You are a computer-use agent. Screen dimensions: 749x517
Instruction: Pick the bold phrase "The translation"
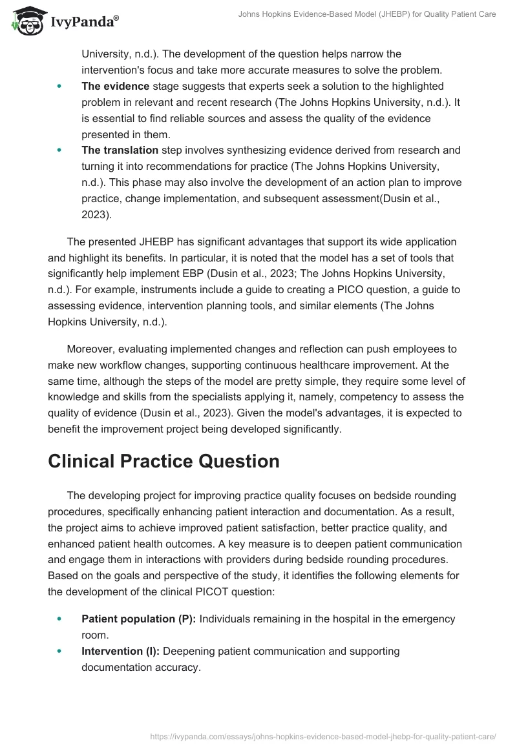click(120, 150)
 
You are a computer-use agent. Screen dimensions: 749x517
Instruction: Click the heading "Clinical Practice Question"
click(164, 461)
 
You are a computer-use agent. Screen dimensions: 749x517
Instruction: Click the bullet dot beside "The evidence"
click(60, 86)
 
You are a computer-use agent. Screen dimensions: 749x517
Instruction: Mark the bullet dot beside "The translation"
click(60, 150)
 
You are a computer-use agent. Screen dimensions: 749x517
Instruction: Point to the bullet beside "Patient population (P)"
click(60, 619)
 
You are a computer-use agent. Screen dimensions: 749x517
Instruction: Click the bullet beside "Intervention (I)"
click(60, 651)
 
